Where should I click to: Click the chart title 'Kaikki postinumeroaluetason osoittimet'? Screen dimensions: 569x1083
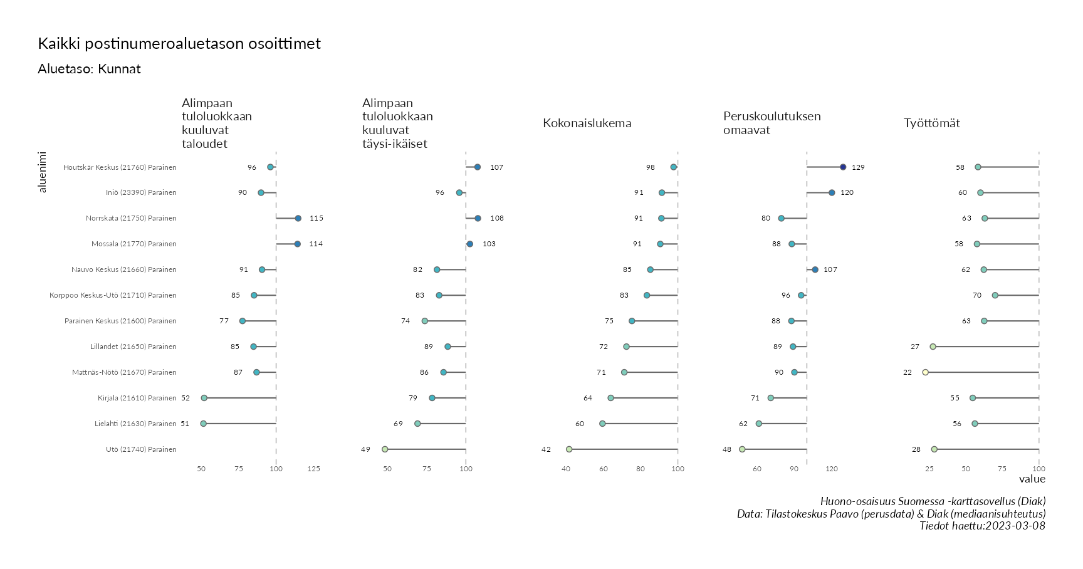point(179,44)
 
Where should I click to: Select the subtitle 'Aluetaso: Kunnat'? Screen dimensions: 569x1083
point(89,69)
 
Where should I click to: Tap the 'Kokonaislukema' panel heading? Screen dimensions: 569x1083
point(587,123)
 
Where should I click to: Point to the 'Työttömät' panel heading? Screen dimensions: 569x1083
point(931,123)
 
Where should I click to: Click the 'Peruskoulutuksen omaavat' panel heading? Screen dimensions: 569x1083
point(772,123)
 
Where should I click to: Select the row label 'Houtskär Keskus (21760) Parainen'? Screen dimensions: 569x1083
point(120,167)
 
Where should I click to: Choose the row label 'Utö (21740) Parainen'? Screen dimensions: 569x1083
point(141,449)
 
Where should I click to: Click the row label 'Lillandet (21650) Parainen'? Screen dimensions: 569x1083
point(133,347)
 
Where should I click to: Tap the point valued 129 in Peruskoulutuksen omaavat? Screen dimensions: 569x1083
point(843,167)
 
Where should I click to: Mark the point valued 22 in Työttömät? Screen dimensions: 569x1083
point(925,372)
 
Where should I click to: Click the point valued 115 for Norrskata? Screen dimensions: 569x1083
point(298,218)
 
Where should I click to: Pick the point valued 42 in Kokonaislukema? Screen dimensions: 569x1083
point(569,449)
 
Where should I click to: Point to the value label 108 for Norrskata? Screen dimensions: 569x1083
point(497,218)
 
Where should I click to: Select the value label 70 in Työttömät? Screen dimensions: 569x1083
point(977,295)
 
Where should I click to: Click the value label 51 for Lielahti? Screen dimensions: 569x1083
point(185,424)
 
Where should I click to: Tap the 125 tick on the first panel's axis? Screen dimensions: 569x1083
point(314,469)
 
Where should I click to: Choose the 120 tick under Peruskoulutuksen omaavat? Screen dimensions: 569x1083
point(832,469)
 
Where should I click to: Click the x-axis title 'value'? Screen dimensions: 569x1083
point(1032,479)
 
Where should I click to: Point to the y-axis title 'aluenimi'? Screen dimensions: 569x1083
point(43,172)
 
